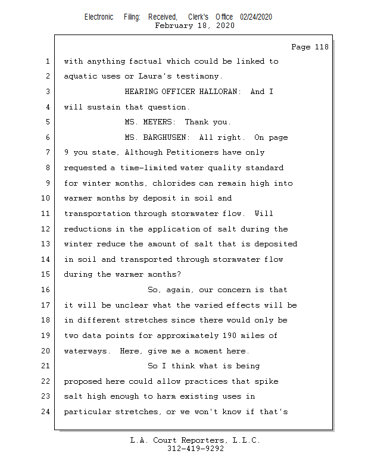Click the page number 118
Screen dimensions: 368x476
(322, 47)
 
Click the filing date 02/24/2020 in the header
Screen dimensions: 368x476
(256, 17)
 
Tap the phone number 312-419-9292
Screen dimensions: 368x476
(195, 449)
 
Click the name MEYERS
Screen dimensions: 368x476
(159, 122)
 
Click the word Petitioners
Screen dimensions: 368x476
(192, 152)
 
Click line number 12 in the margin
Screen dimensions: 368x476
(45, 229)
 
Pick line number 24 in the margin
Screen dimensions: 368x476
(45, 412)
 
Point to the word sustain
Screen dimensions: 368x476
(104, 107)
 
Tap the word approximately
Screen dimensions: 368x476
(188, 336)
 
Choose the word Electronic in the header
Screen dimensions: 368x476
(99, 17)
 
